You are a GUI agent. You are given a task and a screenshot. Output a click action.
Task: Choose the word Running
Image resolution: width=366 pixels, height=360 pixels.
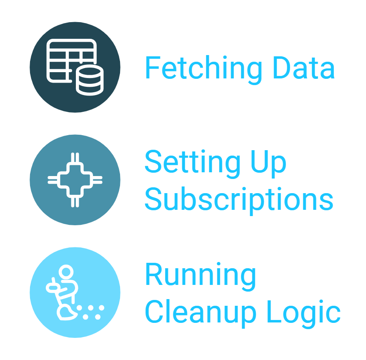coord(201,275)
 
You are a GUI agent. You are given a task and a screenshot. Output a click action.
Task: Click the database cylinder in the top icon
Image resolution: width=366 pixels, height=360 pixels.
coord(89,81)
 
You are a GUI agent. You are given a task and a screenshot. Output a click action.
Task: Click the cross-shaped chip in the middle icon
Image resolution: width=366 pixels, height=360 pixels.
coord(75,180)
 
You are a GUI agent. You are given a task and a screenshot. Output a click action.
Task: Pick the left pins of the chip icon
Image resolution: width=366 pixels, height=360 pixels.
coord(53,180)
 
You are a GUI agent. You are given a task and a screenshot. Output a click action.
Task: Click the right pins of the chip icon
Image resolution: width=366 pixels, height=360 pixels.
coord(98,180)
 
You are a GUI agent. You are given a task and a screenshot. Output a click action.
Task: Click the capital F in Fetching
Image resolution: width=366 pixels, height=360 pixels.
coord(152,68)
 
